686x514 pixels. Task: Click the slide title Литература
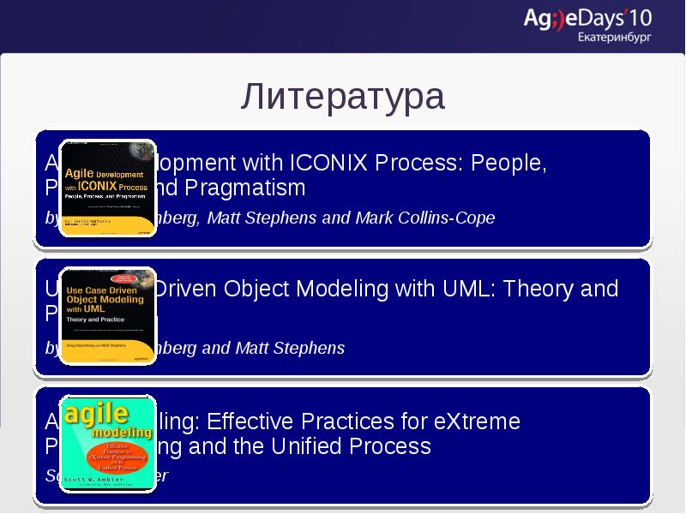(x=342, y=96)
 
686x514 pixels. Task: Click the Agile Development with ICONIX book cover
(x=107, y=188)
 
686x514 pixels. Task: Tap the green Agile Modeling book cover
(x=107, y=442)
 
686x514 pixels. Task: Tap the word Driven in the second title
(x=186, y=289)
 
